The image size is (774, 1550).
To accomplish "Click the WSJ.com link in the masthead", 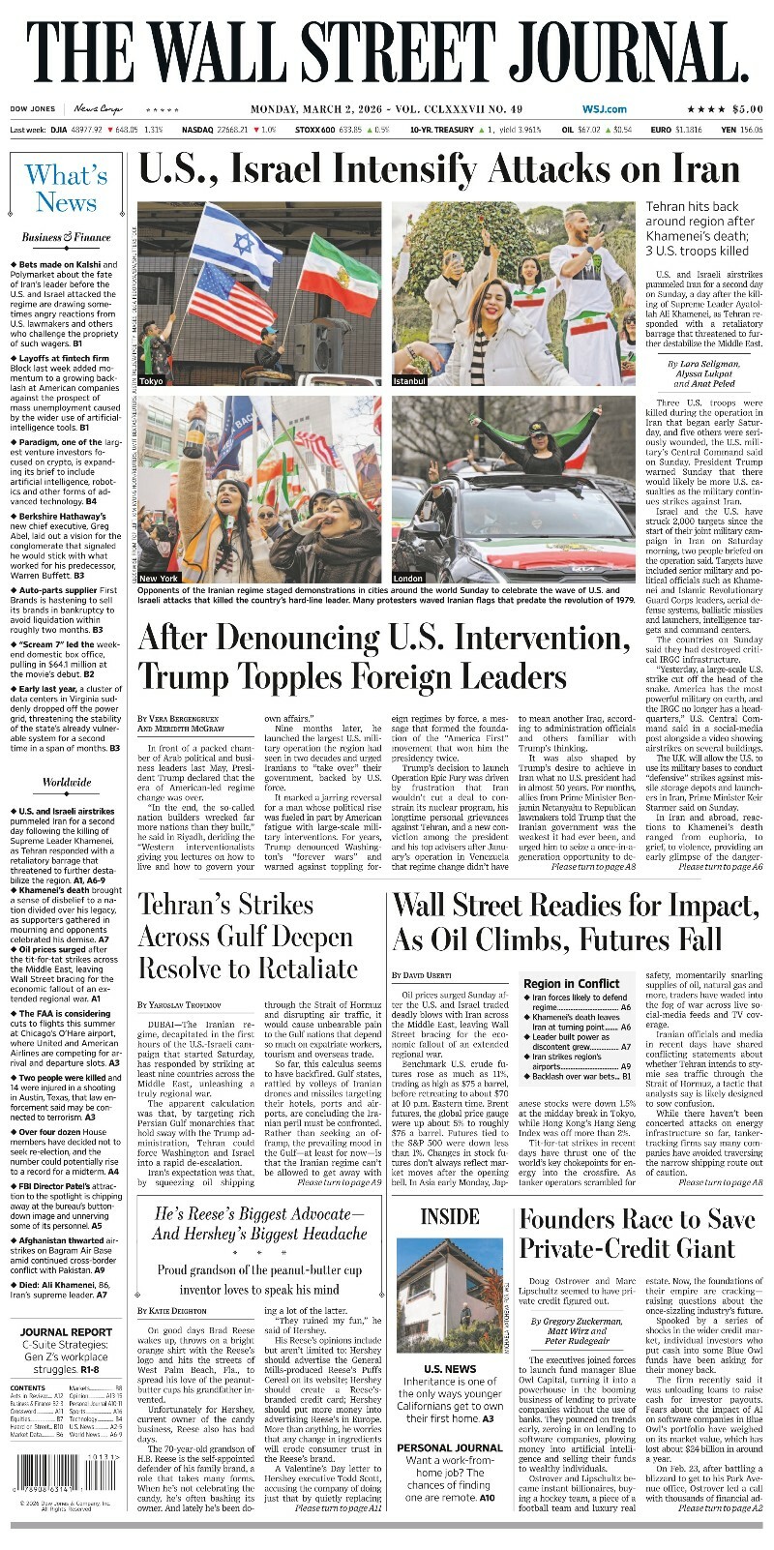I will (604, 109).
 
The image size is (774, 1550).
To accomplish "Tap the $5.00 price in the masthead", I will (747, 109).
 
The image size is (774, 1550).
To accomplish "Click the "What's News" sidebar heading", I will (66, 189).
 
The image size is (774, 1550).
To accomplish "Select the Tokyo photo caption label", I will (152, 381).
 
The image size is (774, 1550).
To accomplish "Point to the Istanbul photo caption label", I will (409, 381).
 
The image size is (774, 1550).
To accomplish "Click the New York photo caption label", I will (159, 578).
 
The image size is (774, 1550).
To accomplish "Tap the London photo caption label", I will (408, 578).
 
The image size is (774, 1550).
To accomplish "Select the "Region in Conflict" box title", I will (571, 983).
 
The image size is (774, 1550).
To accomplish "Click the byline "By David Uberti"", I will (421, 974).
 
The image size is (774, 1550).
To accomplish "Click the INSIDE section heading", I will (450, 1216).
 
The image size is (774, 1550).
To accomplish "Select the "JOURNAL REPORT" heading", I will (66, 1332).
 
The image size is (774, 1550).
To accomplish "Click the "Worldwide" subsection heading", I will (66, 783).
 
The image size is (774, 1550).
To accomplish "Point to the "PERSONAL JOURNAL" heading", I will (450, 1447).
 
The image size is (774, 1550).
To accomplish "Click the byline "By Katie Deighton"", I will (171, 1310).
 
